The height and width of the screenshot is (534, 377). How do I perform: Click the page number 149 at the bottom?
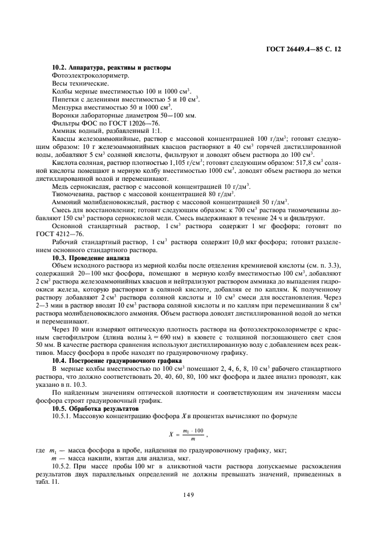click(189, 495)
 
